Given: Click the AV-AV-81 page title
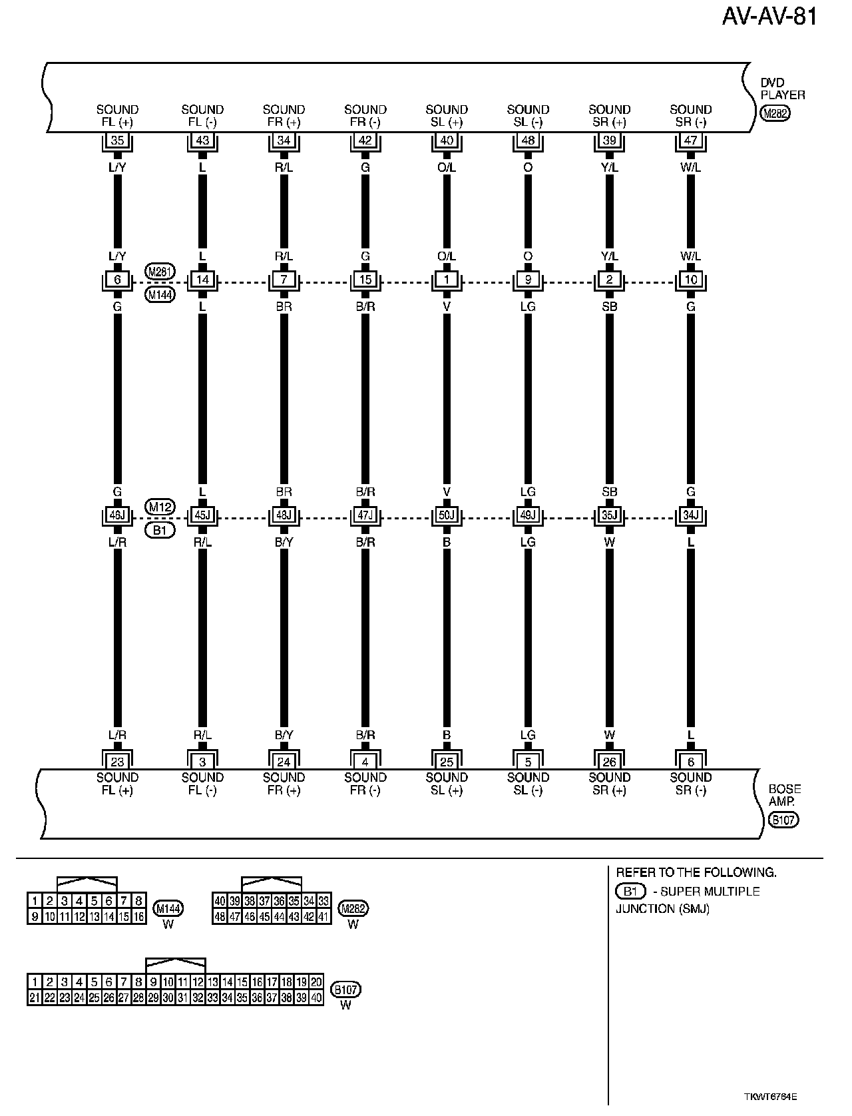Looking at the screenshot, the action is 769,16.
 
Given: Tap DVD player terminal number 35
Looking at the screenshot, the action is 117,140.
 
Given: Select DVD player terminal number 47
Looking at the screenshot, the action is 690,140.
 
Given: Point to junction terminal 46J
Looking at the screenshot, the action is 117,515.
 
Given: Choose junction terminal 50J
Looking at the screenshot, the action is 447,515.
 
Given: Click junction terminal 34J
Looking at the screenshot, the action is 690,515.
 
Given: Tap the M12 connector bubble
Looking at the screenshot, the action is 160,507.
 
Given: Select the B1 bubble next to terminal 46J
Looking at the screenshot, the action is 160,531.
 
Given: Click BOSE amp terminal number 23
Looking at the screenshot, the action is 117,762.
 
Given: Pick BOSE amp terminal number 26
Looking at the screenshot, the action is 609,762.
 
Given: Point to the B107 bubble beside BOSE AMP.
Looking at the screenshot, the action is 783,820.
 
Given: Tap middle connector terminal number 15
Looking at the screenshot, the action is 365,280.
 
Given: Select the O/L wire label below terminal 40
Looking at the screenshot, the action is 447,168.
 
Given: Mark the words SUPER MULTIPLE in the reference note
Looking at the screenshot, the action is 710,892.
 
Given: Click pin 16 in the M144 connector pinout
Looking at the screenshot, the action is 138,917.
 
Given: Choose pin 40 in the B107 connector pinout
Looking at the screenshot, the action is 316,998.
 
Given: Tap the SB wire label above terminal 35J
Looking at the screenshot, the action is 609,492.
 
